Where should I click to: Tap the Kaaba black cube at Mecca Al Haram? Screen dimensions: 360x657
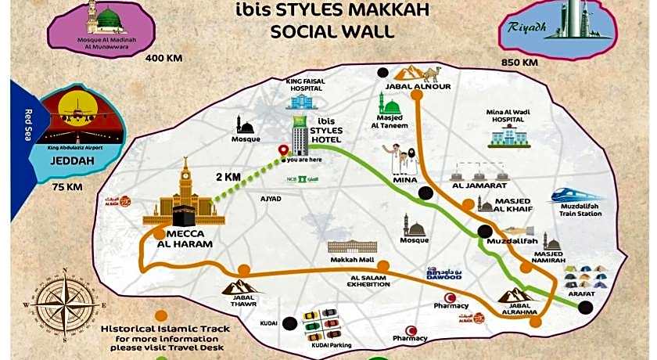tap(185, 209)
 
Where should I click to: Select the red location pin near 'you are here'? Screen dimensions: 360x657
tap(284, 151)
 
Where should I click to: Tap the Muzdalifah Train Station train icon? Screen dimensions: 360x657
tap(576, 196)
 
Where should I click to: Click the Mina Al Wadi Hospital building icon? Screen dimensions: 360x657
tap(508, 137)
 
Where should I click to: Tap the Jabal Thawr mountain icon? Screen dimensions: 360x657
tap(239, 287)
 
